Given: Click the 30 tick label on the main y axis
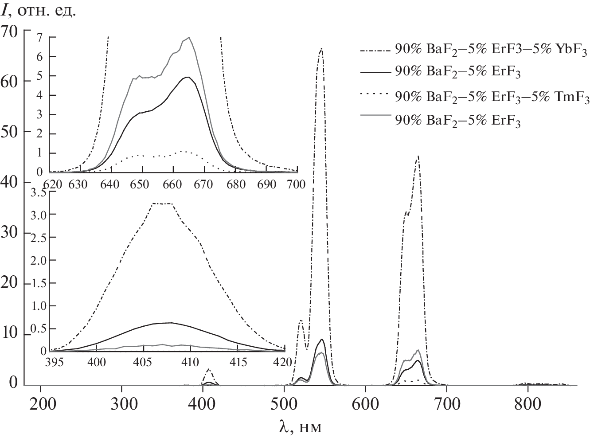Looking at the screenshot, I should click(12, 233).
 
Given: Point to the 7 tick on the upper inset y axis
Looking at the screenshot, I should click(39, 37).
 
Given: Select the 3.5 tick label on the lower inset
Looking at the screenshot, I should click(38, 192).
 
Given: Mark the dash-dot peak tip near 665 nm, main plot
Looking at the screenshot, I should click(418, 156).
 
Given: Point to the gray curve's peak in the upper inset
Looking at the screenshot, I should click(189, 37).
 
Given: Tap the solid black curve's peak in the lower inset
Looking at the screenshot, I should click(170, 323).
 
